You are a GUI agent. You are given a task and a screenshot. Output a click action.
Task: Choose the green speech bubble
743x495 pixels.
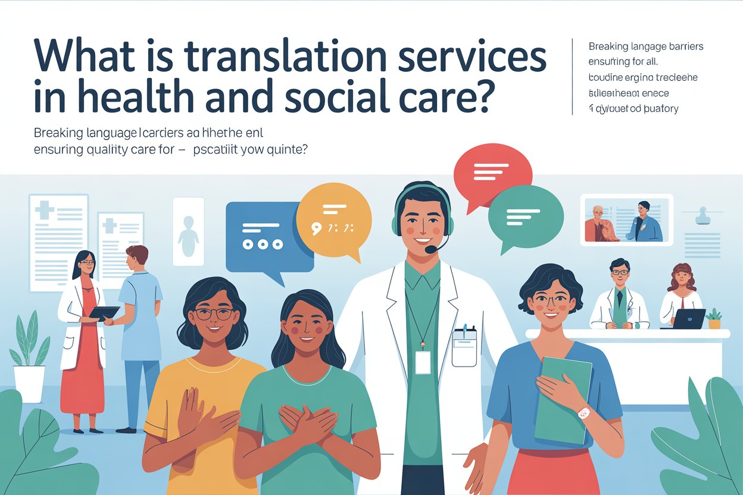(x=525, y=215)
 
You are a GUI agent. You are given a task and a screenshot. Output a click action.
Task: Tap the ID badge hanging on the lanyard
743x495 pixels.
(x=423, y=362)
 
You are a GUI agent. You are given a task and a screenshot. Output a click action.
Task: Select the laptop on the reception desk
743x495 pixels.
(x=690, y=318)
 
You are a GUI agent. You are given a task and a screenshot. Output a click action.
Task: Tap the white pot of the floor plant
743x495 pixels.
(x=29, y=384)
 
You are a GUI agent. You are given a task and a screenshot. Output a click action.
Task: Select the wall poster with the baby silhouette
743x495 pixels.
(x=188, y=232)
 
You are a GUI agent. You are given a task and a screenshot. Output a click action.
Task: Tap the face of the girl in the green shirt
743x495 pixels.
(x=305, y=327)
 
